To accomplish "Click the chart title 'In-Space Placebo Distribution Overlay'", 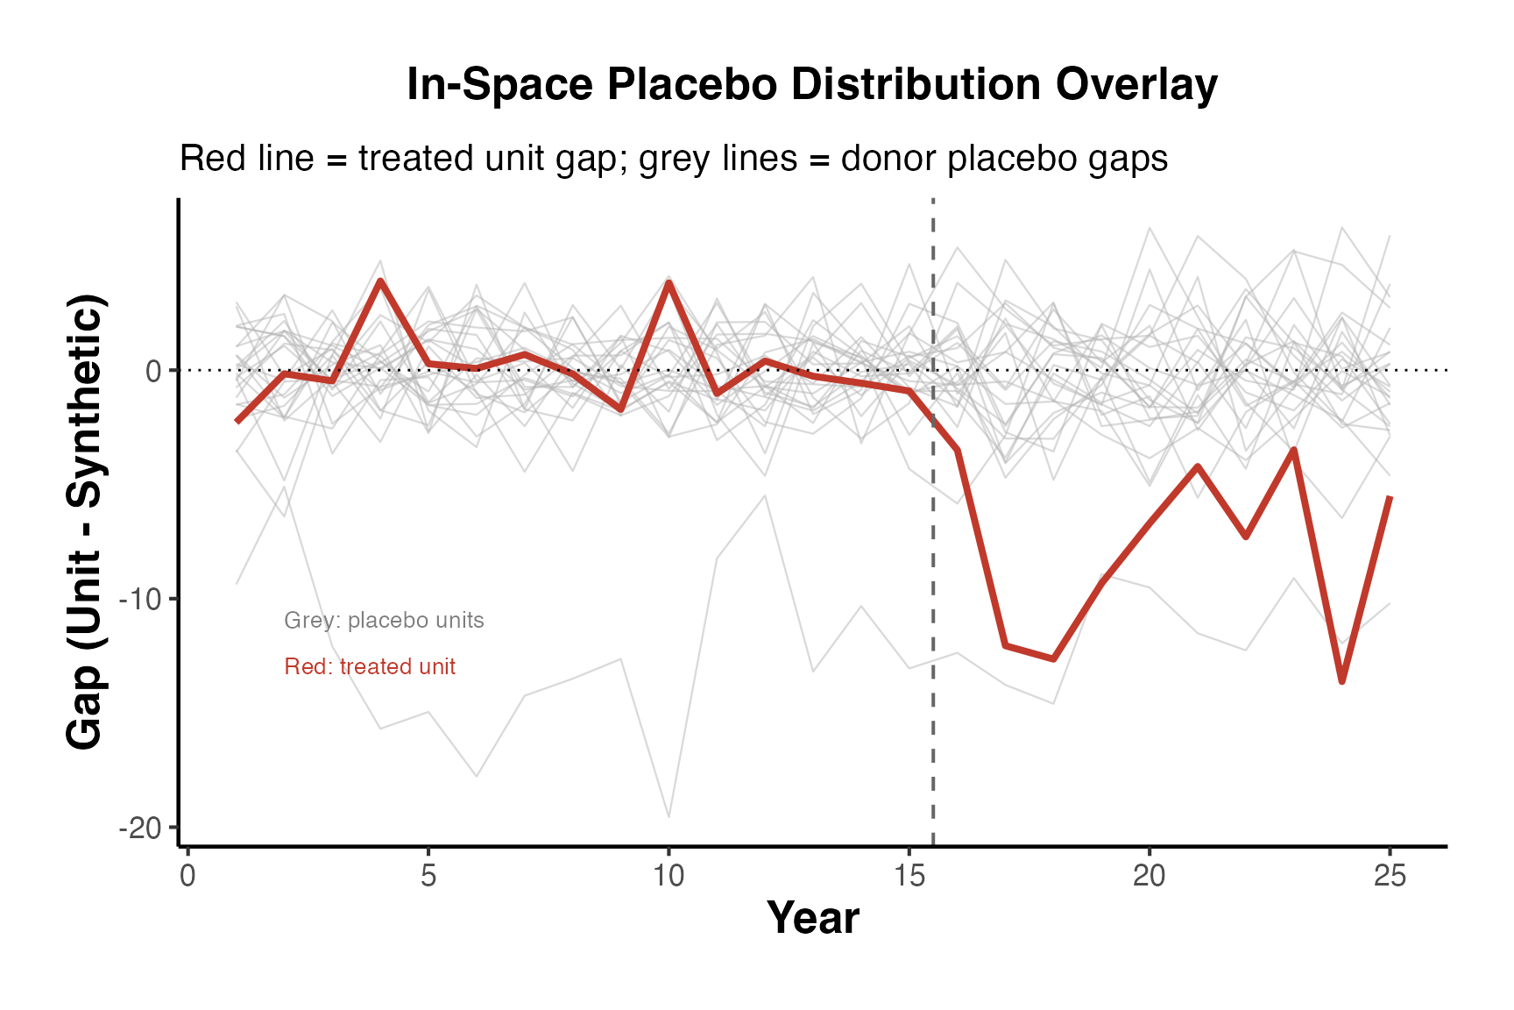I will pyautogui.click(x=811, y=85).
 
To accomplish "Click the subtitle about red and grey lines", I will pyautogui.click(x=673, y=159).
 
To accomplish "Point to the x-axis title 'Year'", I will pyautogui.click(x=812, y=918).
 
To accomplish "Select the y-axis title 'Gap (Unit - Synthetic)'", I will pyautogui.click(x=86, y=523).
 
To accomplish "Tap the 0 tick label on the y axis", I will pyautogui.click(x=153, y=371).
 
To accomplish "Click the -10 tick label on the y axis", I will pyautogui.click(x=141, y=600).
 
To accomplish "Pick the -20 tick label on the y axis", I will pyautogui.click(x=141, y=829).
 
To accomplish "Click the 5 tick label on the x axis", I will pyautogui.click(x=428, y=876).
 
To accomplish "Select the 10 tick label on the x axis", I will pyautogui.click(x=669, y=876).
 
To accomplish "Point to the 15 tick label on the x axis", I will pyautogui.click(x=909, y=876).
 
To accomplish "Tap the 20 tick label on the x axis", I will pyautogui.click(x=1150, y=876).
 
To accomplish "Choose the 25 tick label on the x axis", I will pyautogui.click(x=1390, y=876).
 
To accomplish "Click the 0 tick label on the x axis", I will pyautogui.click(x=187, y=876).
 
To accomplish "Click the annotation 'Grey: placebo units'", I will pyautogui.click(x=384, y=621).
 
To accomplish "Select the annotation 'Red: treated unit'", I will pyautogui.click(x=370, y=666).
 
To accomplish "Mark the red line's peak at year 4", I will pyautogui.click(x=380, y=281).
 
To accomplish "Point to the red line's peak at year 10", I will pyautogui.click(x=669, y=281).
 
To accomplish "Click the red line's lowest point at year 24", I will pyautogui.click(x=1341, y=681).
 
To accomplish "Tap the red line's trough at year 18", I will pyautogui.click(x=1053, y=658).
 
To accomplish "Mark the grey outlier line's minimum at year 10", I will pyautogui.click(x=669, y=816).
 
